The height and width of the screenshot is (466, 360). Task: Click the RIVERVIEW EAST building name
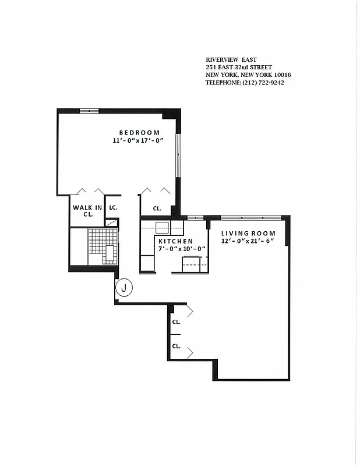(230, 60)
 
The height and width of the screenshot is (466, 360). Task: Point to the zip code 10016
(281, 75)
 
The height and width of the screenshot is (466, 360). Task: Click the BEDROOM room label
(139, 133)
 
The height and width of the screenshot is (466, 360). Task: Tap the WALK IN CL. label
(87, 210)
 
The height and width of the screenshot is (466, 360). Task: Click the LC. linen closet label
(113, 207)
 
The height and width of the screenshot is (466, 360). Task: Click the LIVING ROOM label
(248, 234)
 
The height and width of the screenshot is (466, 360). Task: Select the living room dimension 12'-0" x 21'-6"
(248, 241)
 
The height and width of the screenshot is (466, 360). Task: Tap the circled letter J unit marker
(123, 287)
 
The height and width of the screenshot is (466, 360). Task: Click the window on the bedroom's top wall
(89, 110)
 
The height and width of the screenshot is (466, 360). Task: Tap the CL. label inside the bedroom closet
(157, 209)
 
